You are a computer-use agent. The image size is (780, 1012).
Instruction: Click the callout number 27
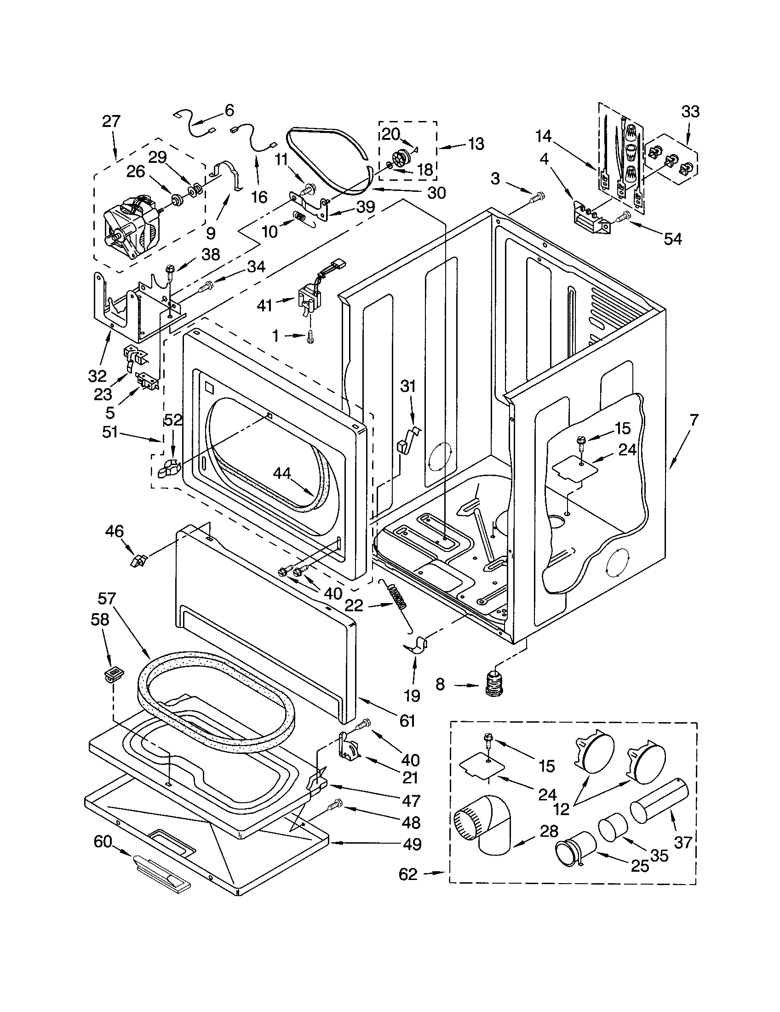[x=111, y=122]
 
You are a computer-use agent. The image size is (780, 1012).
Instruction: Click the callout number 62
[x=408, y=874]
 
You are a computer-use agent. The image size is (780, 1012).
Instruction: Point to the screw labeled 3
[x=537, y=198]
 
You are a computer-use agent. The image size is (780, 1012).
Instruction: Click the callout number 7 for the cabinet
[x=694, y=421]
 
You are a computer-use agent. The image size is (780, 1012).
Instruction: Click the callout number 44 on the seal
[x=282, y=473]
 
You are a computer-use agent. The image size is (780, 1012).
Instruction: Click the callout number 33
[x=690, y=112]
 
